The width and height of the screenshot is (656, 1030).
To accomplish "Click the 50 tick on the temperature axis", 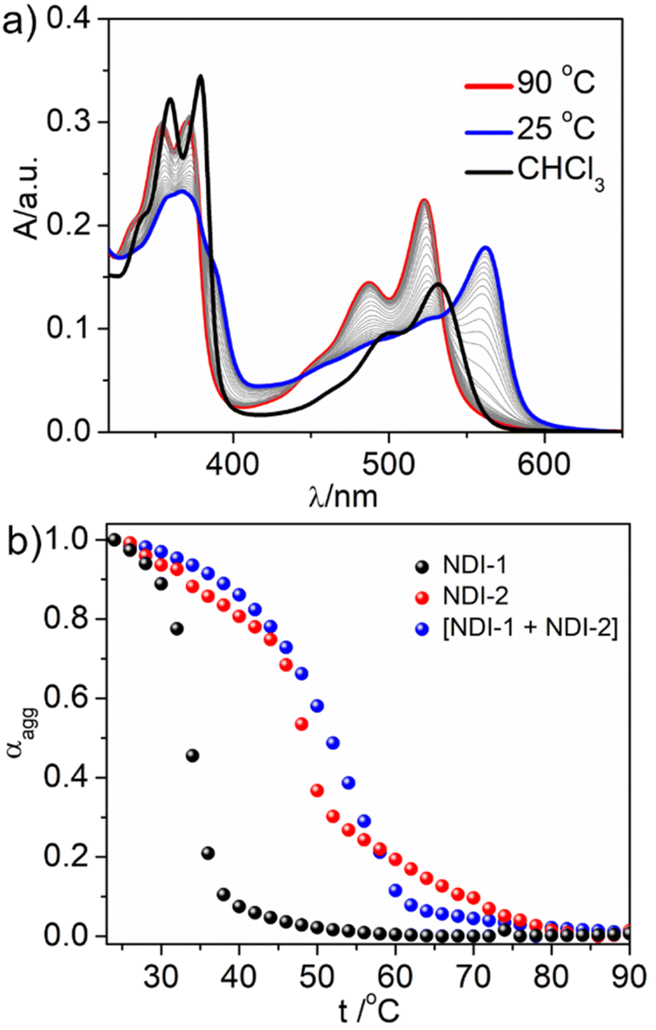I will click(316, 963).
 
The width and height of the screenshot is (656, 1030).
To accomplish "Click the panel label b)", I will click(23, 539).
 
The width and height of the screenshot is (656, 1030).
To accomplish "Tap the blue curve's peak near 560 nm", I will click(487, 248).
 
